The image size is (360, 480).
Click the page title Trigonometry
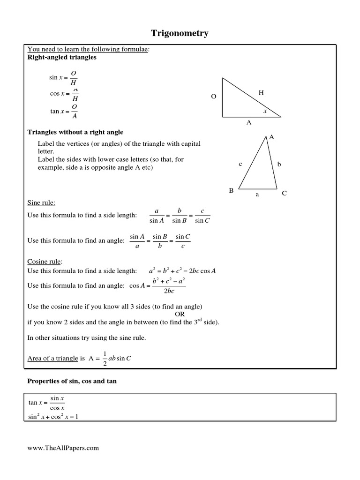click(180, 33)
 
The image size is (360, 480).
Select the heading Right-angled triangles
click(62, 57)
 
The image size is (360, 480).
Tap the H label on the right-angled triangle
click(261, 93)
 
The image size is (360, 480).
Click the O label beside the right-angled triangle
click(214, 96)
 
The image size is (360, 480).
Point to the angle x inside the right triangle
click(265, 111)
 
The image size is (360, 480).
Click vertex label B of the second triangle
click(231, 191)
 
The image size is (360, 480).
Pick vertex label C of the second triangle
click(284, 193)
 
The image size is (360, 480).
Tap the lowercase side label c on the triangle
click(240, 164)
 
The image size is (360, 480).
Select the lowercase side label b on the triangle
click(279, 164)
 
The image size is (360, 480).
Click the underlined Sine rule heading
click(41, 202)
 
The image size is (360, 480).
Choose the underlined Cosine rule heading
click(45, 261)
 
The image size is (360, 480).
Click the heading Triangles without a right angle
click(75, 132)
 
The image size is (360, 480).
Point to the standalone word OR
click(180, 315)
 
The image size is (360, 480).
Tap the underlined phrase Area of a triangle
click(52, 359)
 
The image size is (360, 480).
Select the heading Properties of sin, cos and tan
click(72, 381)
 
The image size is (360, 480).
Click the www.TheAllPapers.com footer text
click(63, 448)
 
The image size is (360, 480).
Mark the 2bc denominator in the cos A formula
click(169, 291)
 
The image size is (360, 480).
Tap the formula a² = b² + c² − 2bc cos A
click(181, 271)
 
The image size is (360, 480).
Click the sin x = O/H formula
click(64, 77)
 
